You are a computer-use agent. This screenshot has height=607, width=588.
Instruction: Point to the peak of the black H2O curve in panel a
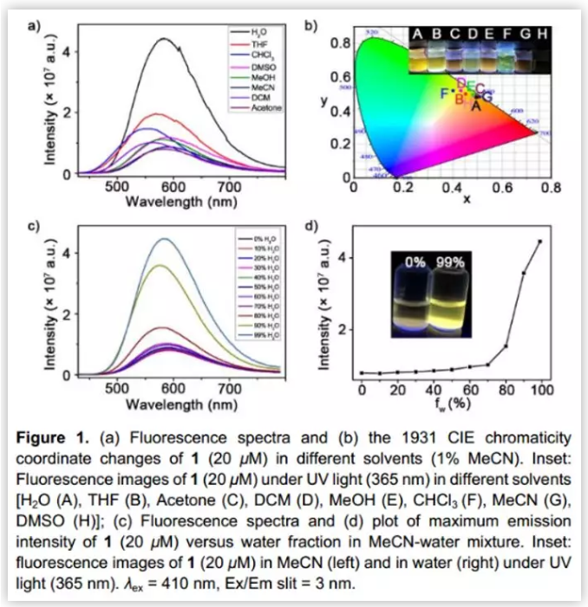pyautogui.click(x=166, y=38)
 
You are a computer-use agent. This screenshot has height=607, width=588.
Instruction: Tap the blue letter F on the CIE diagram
pyautogui.click(x=443, y=93)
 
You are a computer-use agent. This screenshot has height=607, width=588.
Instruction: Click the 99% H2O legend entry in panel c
pyautogui.click(x=259, y=333)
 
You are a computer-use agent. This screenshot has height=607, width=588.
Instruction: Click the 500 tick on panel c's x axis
pyautogui.click(x=118, y=390)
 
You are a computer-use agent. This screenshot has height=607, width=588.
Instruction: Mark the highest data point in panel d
pyautogui.click(x=540, y=242)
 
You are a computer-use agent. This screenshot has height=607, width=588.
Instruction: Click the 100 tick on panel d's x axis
pyautogui.click(x=541, y=390)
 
